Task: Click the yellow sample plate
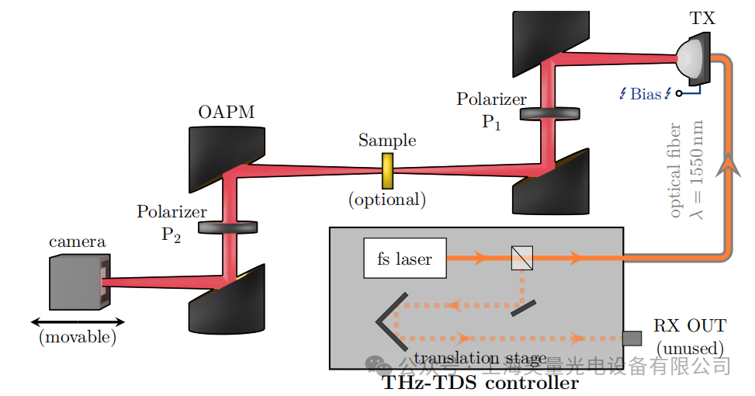pyautogui.click(x=386, y=170)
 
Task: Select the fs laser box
pyautogui.click(x=405, y=259)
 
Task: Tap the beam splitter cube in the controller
pyautogui.click(x=521, y=258)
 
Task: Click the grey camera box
pyautogui.click(x=76, y=283)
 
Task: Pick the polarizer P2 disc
pyautogui.click(x=228, y=228)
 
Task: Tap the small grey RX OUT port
pyautogui.click(x=632, y=338)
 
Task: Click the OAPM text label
pyautogui.click(x=226, y=113)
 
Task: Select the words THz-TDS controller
pyautogui.click(x=480, y=383)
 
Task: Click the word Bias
pyautogui.click(x=646, y=94)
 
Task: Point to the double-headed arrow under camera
pyautogui.click(x=78, y=321)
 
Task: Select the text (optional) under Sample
pyautogui.click(x=387, y=200)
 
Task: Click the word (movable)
pyautogui.click(x=77, y=337)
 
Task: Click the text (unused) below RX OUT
pyautogui.click(x=690, y=348)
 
